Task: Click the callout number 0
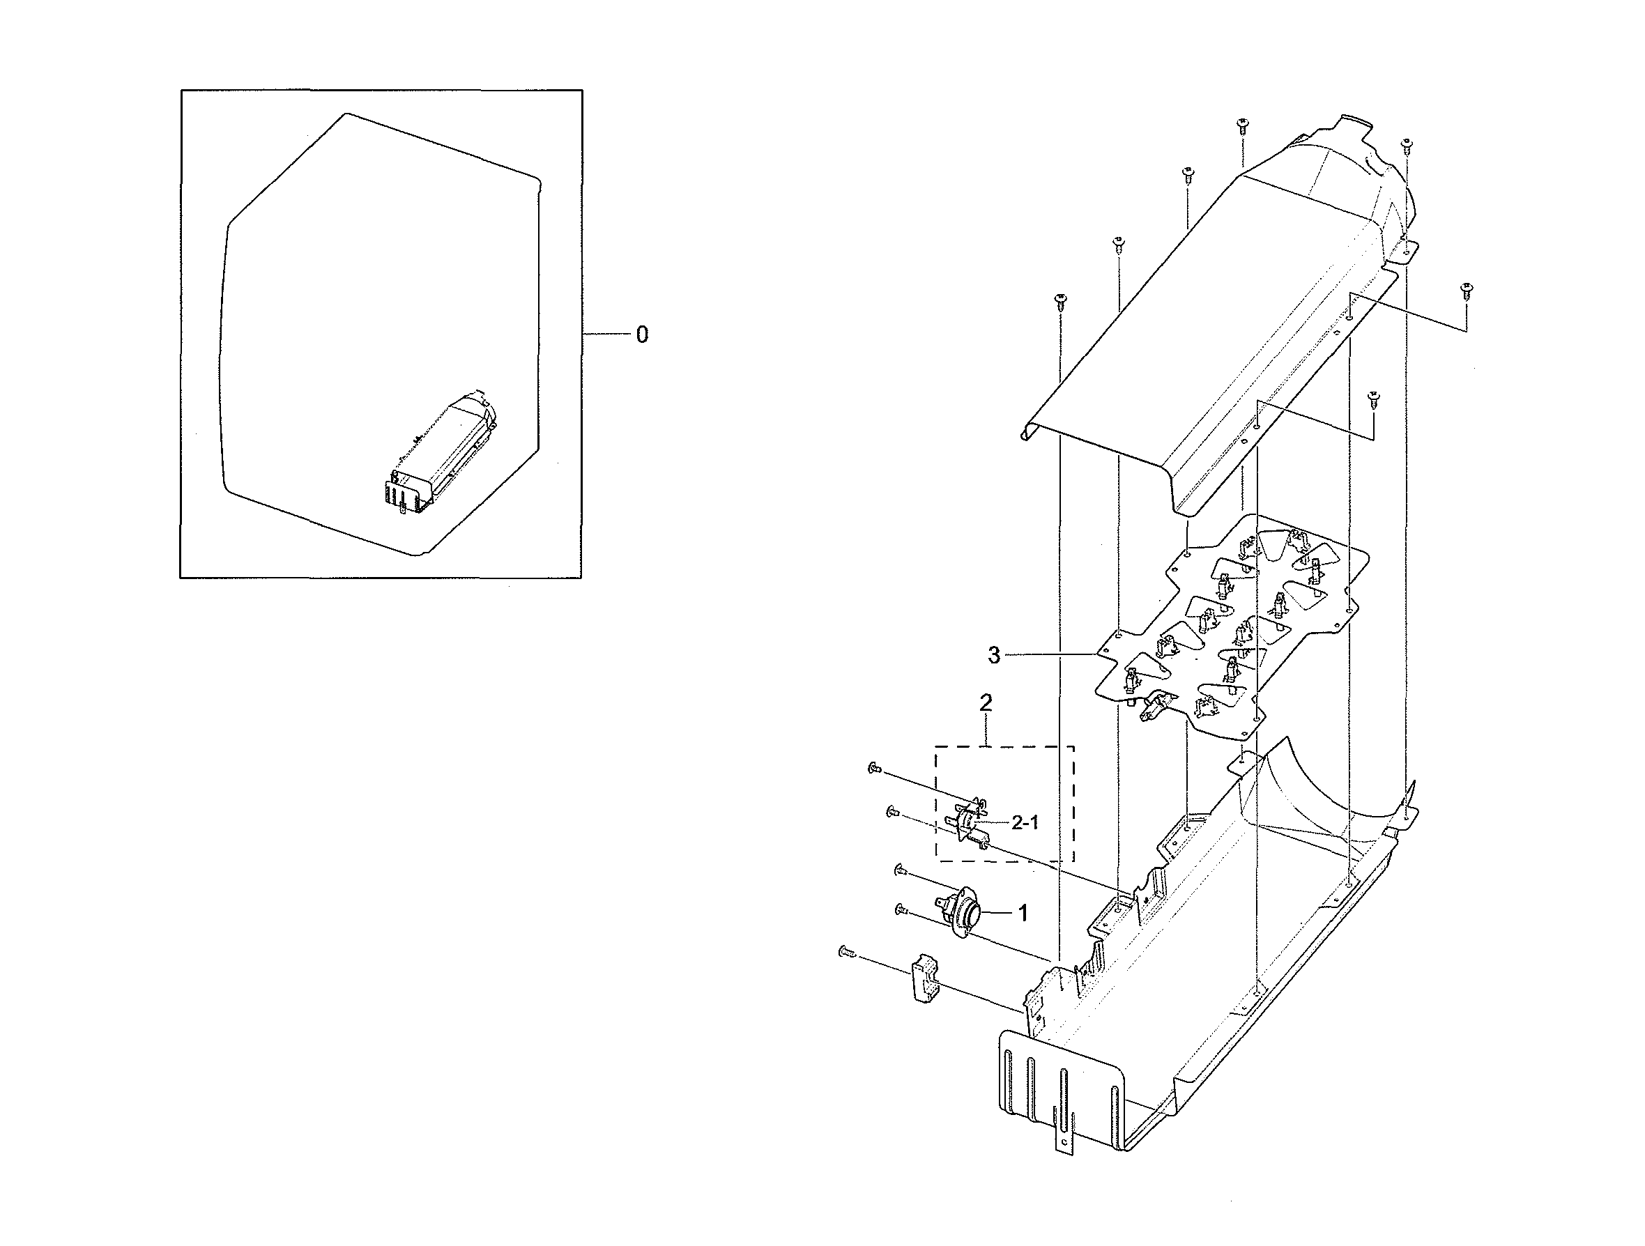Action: pos(643,335)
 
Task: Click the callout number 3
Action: pos(994,655)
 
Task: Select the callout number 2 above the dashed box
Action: pos(986,702)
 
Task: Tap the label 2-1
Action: pos(1025,822)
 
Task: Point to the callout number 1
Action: pos(1023,913)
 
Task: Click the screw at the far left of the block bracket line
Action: pos(845,951)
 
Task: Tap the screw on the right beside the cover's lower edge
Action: pos(1374,398)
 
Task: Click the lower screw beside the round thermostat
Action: pos(901,909)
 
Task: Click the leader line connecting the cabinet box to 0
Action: pos(606,335)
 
